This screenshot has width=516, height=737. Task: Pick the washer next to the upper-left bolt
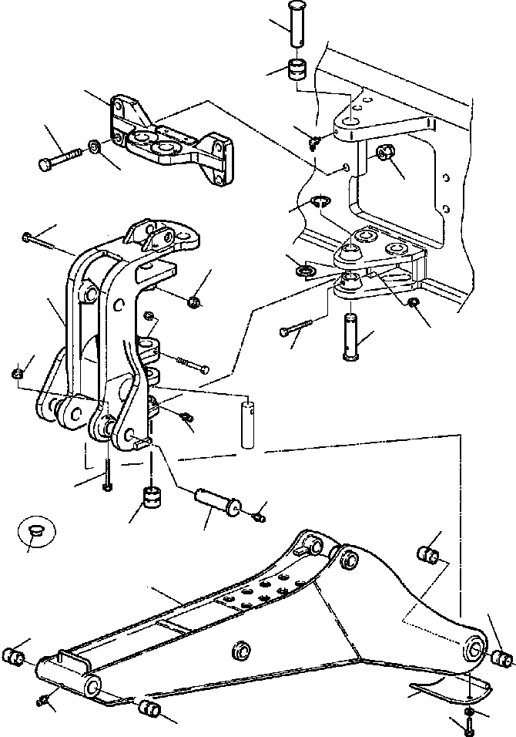click(x=93, y=145)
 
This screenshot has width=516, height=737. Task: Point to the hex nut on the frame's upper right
click(x=387, y=154)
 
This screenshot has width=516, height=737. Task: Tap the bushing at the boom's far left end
click(x=15, y=658)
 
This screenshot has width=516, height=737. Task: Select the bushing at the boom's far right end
click(x=502, y=658)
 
